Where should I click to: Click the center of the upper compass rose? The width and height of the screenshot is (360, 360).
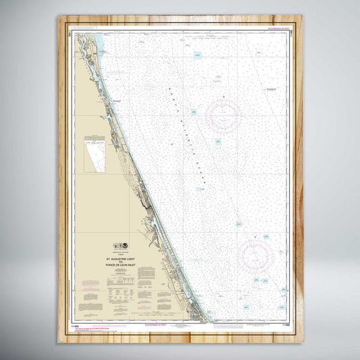pos(224,115)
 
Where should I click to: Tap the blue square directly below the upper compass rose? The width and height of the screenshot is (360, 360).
pos(218,142)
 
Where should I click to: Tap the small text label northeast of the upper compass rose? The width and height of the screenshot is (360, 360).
pos(271,89)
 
